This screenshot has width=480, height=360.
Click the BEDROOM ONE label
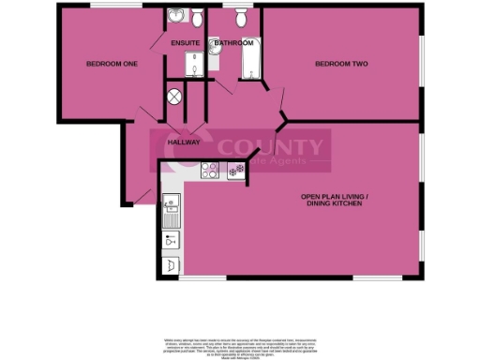112,64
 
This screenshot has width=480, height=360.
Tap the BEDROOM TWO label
340,64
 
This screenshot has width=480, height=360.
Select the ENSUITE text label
184,43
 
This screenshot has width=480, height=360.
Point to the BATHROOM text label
233,43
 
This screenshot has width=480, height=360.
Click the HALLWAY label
184,142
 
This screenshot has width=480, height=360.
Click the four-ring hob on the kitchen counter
209,171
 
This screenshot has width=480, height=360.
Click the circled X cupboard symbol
174,96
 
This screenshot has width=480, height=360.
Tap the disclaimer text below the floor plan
239,342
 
